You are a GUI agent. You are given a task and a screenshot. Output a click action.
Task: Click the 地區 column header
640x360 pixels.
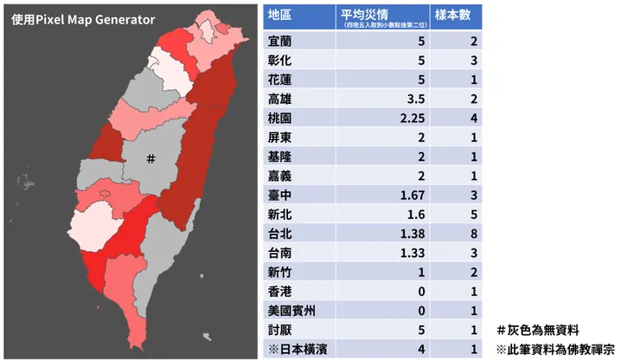click(x=279, y=16)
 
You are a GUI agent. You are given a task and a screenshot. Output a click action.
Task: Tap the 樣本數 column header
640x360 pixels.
click(x=458, y=16)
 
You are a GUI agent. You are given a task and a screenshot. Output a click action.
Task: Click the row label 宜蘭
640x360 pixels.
click(x=279, y=42)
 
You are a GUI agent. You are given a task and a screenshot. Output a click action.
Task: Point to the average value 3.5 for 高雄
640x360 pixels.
click(x=413, y=99)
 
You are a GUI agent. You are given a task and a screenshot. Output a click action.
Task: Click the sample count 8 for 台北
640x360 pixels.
click(x=473, y=235)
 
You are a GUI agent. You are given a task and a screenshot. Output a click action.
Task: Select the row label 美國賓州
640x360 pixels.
click(x=292, y=311)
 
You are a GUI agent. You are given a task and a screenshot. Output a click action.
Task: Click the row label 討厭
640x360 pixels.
click(x=279, y=330)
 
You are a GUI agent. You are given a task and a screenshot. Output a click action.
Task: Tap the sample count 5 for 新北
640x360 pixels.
click(x=473, y=215)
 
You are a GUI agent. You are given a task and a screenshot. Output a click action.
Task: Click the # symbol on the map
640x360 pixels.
click(x=150, y=158)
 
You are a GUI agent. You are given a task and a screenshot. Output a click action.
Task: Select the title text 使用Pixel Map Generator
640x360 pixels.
click(x=84, y=19)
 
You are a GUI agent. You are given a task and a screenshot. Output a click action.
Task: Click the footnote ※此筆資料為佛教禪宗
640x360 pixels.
click(x=554, y=350)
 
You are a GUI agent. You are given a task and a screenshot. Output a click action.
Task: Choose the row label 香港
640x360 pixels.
click(x=279, y=292)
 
